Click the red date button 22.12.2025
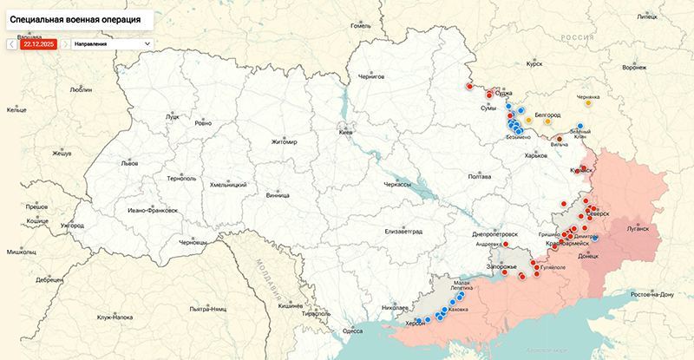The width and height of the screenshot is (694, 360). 39,43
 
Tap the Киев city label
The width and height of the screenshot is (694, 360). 345,132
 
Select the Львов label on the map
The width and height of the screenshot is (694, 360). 129,162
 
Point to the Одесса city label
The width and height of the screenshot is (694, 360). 352,330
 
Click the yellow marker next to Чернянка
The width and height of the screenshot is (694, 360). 589,102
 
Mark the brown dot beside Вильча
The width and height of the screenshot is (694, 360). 560,138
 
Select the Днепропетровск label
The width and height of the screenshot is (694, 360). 495,234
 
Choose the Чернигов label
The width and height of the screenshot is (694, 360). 364,76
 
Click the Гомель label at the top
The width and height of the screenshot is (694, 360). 360,25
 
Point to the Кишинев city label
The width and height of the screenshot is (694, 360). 290,305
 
